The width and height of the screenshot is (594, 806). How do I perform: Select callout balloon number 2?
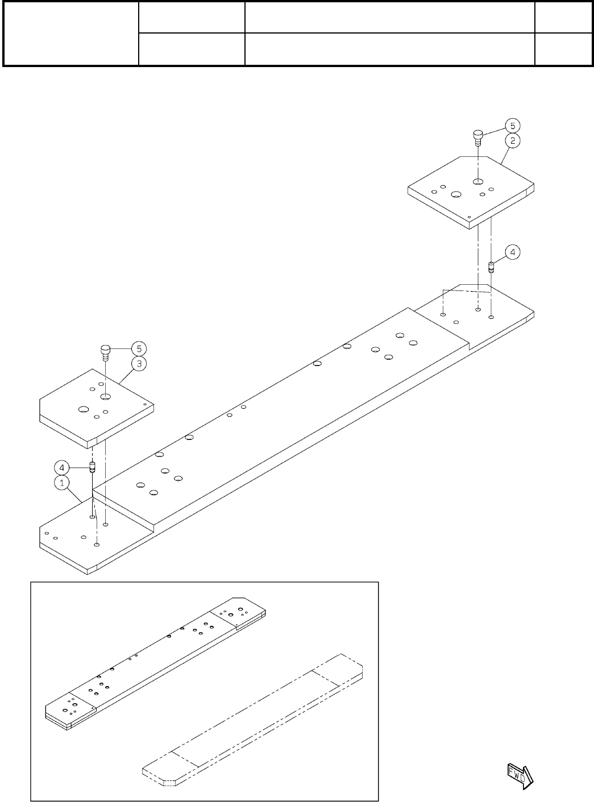512,140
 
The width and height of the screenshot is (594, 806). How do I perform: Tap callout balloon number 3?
138,363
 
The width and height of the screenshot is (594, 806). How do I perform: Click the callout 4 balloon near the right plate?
512,252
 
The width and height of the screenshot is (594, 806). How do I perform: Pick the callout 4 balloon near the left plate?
61,468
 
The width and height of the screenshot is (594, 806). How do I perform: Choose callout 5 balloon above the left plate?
138,348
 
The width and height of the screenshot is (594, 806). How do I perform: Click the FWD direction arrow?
518,775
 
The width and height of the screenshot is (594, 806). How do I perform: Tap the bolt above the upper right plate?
478,137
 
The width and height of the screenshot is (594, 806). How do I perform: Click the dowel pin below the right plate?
492,267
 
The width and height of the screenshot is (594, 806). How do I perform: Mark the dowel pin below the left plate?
92,468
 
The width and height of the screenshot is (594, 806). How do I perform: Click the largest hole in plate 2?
455,194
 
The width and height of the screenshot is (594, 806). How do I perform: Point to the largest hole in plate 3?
84,409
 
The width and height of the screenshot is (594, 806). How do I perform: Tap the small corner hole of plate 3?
145,405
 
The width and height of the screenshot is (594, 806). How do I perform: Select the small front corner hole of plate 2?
468,217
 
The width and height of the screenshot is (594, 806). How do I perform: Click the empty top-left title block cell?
71,34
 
